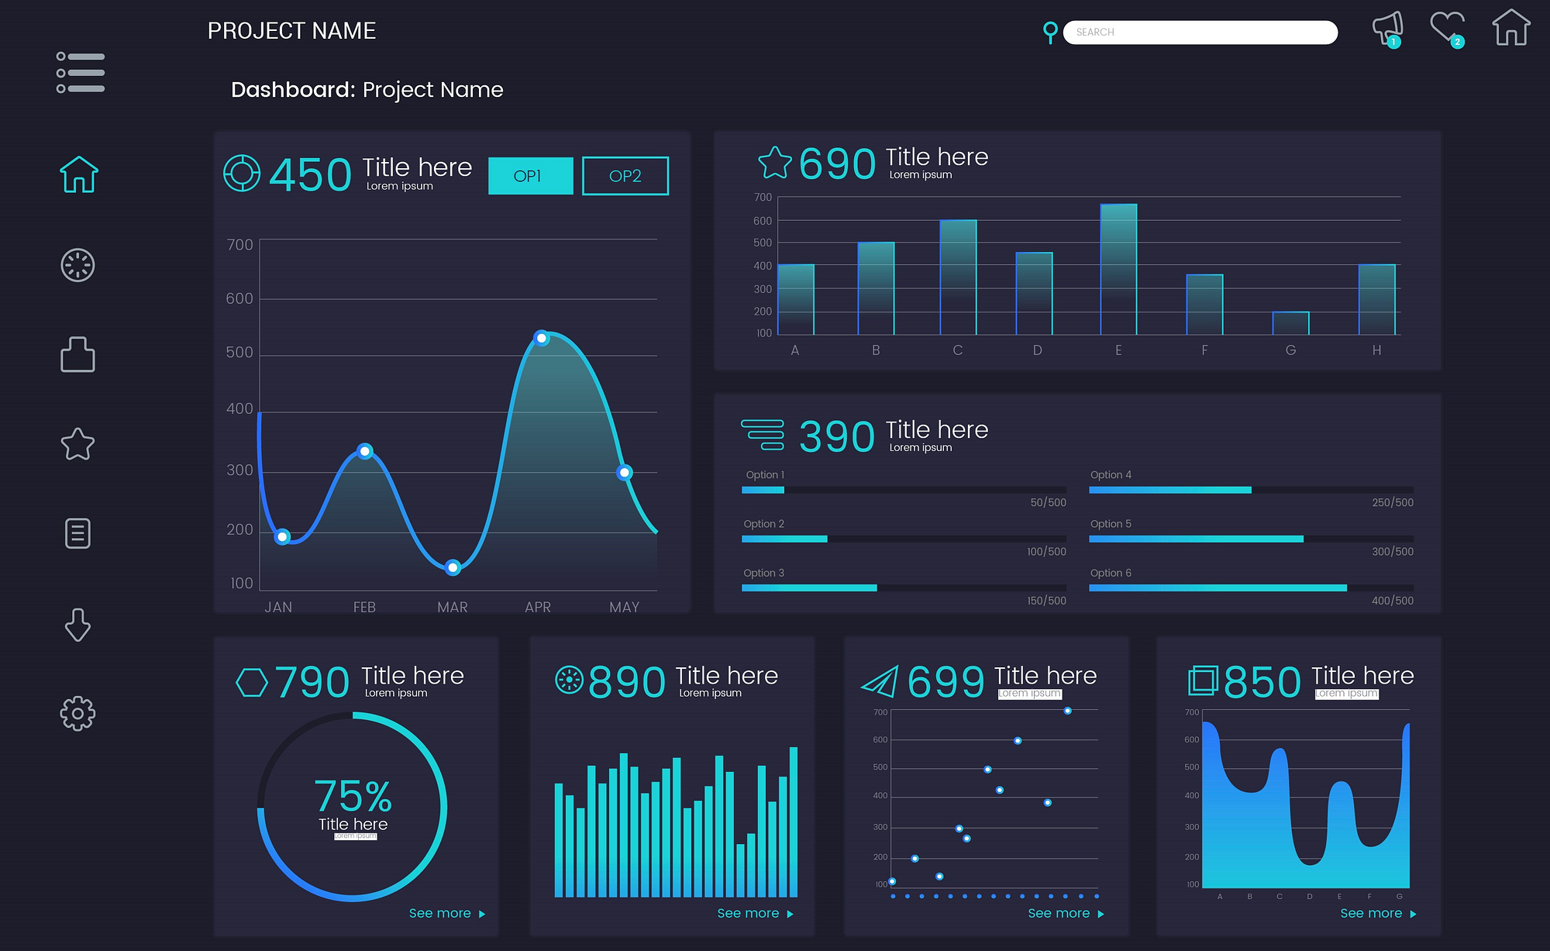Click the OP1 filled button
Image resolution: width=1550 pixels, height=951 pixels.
(530, 176)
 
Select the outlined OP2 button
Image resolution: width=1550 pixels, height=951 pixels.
(625, 176)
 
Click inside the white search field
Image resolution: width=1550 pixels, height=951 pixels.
(1200, 33)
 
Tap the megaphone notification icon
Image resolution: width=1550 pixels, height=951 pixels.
(1386, 29)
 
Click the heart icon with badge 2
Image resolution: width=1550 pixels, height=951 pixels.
(1446, 28)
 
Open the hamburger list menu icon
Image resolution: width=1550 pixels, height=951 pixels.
(80, 72)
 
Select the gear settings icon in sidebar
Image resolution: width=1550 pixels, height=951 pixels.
(77, 713)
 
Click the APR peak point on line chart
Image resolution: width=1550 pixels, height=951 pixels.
(542, 338)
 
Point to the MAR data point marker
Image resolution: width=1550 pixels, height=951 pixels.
(453, 567)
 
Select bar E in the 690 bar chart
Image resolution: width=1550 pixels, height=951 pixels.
(1118, 269)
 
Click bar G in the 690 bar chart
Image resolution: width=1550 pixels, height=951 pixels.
(1290, 323)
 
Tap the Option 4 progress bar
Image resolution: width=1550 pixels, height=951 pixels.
(1250, 490)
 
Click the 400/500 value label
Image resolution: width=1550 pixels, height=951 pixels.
(1392, 601)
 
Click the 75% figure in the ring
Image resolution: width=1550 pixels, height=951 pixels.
(353, 796)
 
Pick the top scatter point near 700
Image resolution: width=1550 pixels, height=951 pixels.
(1067, 711)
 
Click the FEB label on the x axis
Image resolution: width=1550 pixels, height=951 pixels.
(364, 607)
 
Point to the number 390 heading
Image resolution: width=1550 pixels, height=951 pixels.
(836, 436)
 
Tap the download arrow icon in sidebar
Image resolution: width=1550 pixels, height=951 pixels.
(77, 625)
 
